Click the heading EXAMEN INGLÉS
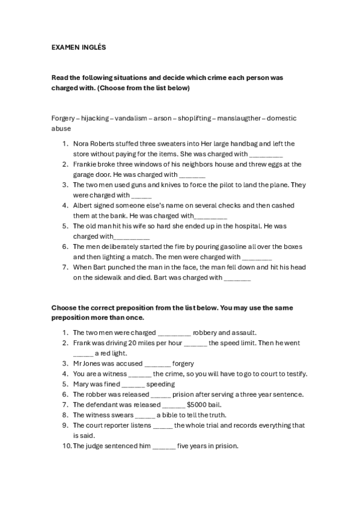(x=79, y=47)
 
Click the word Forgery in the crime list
(x=63, y=118)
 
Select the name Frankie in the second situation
(x=86, y=164)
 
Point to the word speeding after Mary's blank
(x=161, y=384)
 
